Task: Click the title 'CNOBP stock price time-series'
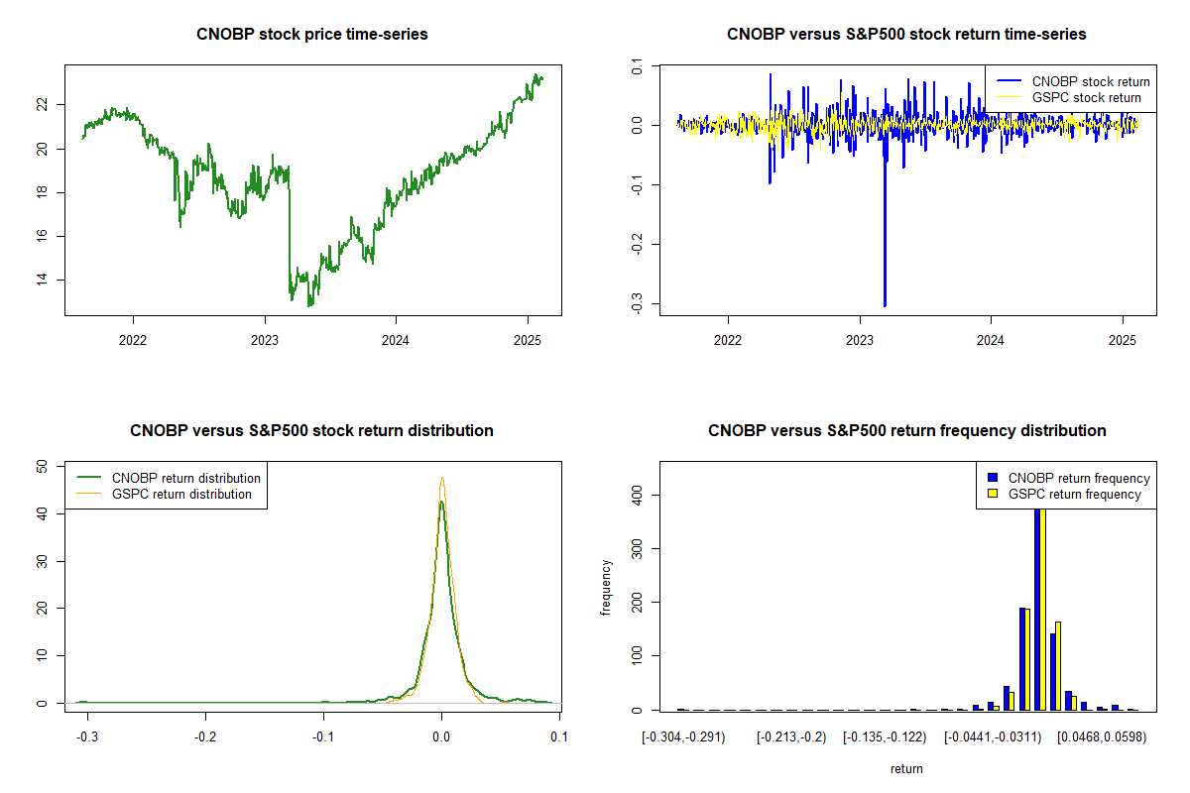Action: pos(312,35)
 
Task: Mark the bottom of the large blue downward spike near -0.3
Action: pos(885,305)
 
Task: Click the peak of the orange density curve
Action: pos(442,478)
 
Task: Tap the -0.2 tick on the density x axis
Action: pos(205,737)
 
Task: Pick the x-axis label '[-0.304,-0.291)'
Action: pos(683,737)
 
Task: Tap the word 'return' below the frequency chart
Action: pos(906,769)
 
